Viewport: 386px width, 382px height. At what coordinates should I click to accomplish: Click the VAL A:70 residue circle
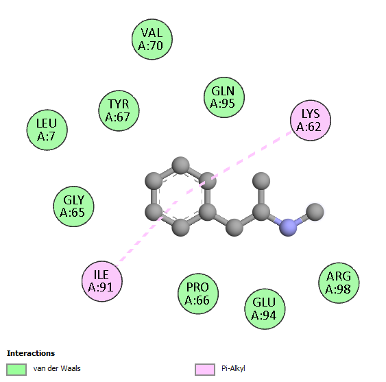tap(152, 39)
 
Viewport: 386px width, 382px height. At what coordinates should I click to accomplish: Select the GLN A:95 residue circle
tap(224, 97)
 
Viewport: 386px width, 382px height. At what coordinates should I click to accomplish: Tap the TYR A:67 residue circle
tap(119, 110)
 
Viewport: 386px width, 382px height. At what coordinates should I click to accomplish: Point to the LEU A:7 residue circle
tap(47, 130)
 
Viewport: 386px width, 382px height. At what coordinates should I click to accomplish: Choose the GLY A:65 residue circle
tap(73, 206)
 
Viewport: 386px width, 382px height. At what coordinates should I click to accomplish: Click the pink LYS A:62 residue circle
tap(311, 121)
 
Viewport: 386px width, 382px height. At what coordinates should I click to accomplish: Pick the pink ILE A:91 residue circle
tap(102, 281)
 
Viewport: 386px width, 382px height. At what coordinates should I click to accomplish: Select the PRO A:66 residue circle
tap(198, 294)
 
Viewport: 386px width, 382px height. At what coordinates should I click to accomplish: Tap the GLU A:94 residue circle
tap(265, 309)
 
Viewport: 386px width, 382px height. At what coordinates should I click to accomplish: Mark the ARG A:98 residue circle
tap(339, 283)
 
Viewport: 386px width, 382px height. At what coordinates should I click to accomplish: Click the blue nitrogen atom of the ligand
tap(288, 227)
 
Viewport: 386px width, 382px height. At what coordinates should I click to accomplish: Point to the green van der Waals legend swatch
tap(16, 370)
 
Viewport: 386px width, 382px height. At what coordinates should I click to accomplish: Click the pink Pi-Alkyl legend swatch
tap(205, 370)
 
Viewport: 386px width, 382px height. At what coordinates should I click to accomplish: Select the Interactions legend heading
tap(31, 353)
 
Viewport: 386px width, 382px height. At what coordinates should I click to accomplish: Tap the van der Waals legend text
tap(57, 368)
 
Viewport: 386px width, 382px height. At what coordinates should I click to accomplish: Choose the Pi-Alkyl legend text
tap(233, 368)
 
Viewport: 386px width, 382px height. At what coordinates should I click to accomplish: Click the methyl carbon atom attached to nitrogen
tap(315, 212)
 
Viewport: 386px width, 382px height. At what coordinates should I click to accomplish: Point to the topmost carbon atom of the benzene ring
tap(181, 165)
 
